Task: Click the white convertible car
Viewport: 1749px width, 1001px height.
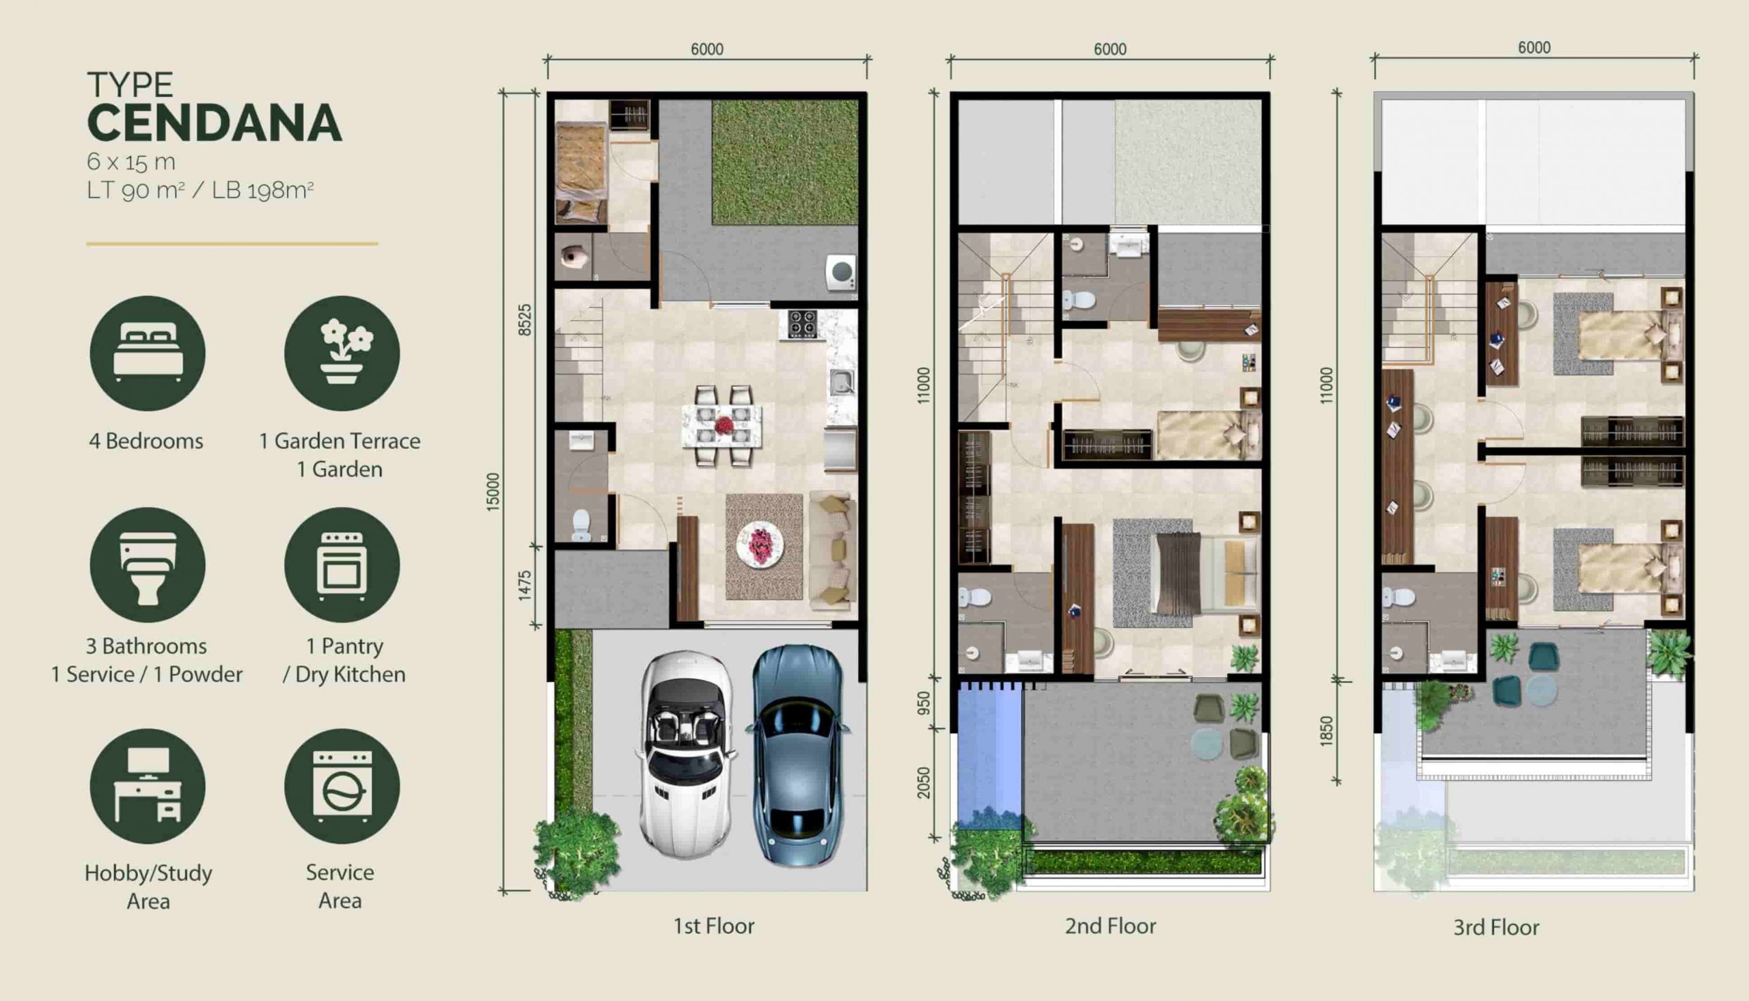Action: [687, 754]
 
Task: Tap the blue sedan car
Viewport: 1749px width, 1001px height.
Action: [798, 754]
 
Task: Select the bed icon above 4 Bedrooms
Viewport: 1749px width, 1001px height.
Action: [148, 353]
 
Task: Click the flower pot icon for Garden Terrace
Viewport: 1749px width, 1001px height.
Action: [342, 353]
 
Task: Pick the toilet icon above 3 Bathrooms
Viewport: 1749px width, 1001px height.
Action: [148, 565]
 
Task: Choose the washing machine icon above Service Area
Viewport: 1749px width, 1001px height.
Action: [342, 786]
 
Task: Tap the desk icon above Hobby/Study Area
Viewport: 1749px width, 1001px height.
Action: [148, 786]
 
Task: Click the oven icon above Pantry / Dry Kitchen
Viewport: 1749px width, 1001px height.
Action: [342, 565]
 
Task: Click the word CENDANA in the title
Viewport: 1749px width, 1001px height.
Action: [215, 123]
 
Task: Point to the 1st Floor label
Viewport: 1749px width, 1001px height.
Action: [713, 926]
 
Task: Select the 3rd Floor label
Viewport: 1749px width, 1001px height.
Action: [1496, 927]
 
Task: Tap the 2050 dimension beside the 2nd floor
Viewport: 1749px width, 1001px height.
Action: [924, 783]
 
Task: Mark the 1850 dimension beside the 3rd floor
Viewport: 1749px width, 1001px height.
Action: [1326, 731]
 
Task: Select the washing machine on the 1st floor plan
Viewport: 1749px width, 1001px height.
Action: [841, 273]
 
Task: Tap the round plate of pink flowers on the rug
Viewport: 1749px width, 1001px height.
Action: [760, 545]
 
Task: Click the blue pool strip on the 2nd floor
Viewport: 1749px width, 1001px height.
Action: [989, 754]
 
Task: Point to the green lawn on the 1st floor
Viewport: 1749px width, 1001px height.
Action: [785, 162]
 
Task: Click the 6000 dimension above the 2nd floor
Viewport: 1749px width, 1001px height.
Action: [1110, 49]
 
